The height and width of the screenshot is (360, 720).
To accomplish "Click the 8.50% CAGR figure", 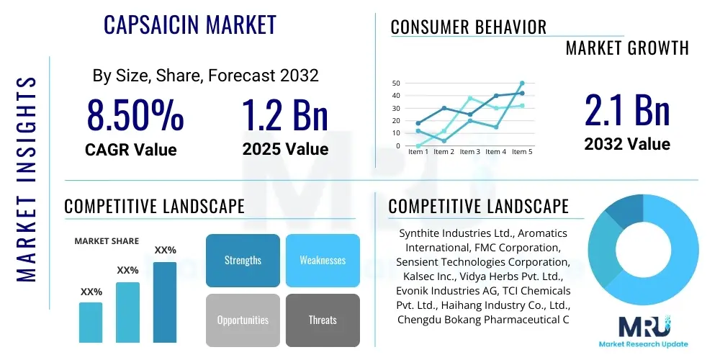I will point(135,115).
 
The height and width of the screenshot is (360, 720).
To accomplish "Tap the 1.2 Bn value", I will point(285,115).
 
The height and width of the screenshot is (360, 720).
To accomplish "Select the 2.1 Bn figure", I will point(627,110).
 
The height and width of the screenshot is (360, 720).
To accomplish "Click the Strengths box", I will point(243,260).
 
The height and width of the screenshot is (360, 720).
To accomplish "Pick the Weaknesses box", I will point(323,260).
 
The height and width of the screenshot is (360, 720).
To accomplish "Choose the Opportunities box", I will point(243,320).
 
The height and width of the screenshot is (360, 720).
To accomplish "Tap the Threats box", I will point(323,320).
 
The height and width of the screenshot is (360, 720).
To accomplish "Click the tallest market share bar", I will point(165,302).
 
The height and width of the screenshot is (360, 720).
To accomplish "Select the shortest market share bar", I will point(91,322).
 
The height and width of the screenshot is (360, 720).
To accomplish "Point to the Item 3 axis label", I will point(469,152).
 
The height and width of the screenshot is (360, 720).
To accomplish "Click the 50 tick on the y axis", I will point(396,84).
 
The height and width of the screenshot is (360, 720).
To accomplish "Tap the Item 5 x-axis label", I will point(521,152).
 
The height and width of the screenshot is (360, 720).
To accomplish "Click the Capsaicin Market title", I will point(190,24).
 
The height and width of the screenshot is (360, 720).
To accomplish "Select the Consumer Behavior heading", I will point(469,27).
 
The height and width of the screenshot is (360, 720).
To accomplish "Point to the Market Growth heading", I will point(627,48).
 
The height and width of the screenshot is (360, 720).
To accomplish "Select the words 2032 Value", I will point(627,144).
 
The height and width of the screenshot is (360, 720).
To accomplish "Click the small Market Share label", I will point(107,241).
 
